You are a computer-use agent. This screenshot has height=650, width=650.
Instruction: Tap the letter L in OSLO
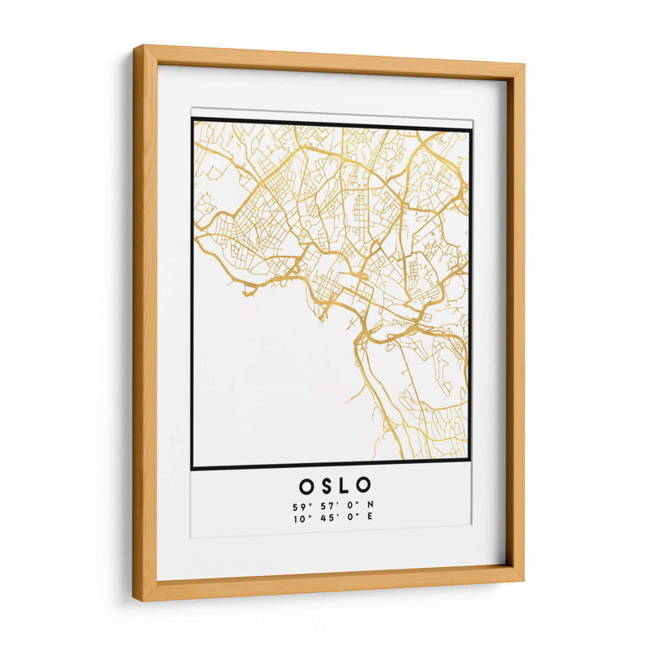[344, 486]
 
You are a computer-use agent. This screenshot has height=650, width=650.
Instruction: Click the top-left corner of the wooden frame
[136, 46]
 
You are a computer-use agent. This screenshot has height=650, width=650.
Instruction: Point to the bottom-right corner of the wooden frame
[523, 581]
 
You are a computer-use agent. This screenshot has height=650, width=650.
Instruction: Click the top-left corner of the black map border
[193, 119]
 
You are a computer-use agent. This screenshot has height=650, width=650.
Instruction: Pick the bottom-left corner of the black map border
[193, 468]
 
